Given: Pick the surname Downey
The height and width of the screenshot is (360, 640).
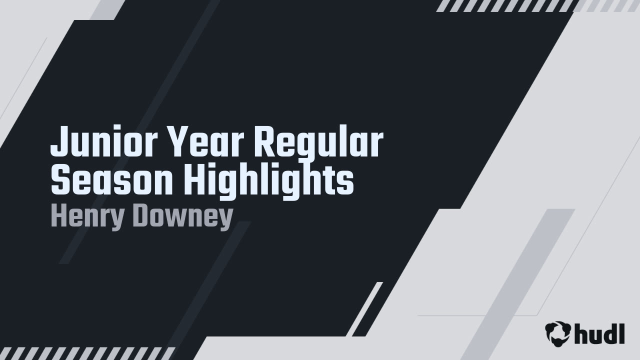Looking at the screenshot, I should pyautogui.click(x=182, y=217).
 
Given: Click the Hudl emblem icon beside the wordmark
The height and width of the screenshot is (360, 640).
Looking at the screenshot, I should pyautogui.click(x=558, y=333).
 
